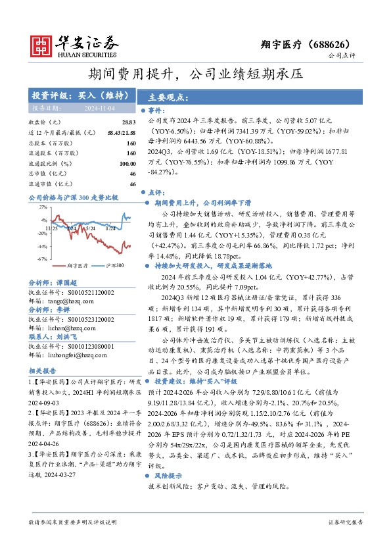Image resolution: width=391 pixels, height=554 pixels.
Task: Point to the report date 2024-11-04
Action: [x=99, y=108]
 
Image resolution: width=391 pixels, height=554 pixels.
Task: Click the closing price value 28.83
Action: [x=129, y=123]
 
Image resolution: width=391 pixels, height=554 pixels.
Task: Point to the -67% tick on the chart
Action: [x=41, y=259]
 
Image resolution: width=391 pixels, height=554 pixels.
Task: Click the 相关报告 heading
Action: [x=41, y=370]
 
